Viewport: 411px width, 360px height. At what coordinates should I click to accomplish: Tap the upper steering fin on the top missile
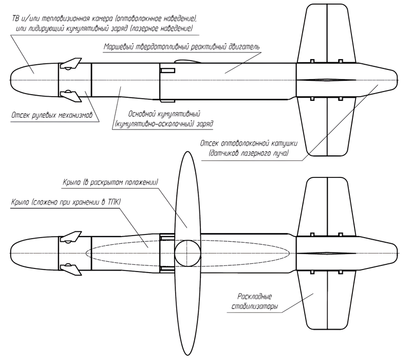point(71,65)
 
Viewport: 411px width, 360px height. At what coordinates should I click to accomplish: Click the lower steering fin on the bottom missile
point(71,269)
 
